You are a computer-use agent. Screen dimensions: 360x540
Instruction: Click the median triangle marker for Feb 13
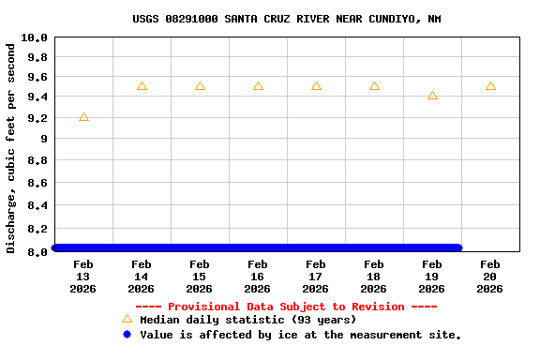click(83, 117)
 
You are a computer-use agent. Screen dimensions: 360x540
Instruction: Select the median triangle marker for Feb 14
click(142, 86)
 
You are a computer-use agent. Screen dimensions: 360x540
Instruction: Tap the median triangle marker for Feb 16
click(258, 86)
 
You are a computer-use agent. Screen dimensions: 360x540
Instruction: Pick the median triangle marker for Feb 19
click(432, 96)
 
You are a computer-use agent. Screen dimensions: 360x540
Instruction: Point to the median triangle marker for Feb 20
click(490, 86)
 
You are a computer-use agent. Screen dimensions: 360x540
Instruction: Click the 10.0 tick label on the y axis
click(34, 37)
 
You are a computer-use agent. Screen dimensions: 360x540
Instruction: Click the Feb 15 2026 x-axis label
click(200, 277)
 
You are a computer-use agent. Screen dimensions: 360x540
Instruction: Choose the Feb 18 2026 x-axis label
click(374, 277)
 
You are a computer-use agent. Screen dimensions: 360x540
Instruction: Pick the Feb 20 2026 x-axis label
click(490, 277)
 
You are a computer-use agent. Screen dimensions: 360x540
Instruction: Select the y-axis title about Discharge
click(11, 147)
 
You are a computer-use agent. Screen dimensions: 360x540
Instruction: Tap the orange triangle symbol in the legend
click(127, 319)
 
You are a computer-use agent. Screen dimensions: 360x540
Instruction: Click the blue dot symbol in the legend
click(127, 334)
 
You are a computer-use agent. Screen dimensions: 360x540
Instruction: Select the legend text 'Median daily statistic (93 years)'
click(248, 320)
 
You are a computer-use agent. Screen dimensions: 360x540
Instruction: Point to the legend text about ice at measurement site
click(301, 335)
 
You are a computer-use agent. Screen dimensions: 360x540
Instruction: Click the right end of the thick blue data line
click(458, 247)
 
